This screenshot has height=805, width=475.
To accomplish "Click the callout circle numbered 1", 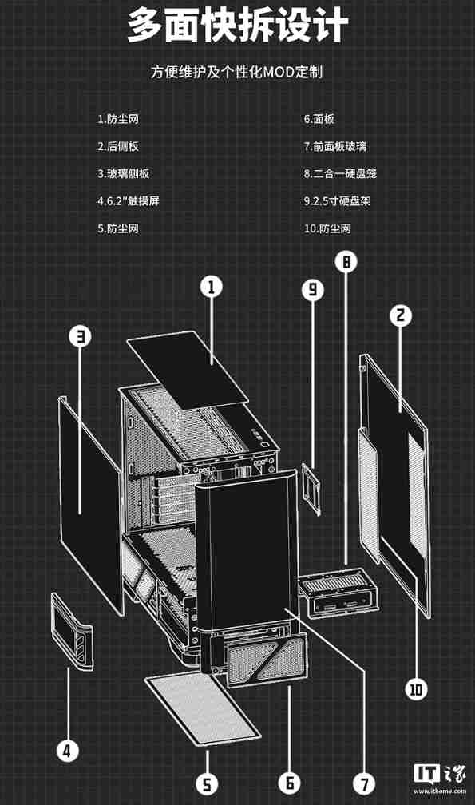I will coord(211,287).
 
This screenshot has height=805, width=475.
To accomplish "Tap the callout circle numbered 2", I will coord(401,315).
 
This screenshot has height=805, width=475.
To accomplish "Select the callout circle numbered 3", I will coord(80,336).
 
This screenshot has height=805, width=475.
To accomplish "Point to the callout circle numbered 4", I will coord(68,750).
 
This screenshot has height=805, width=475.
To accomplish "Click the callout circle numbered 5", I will coord(207,783).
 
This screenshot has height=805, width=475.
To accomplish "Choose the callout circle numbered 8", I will coord(346,261).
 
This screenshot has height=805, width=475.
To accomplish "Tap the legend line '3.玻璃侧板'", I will coord(123,173).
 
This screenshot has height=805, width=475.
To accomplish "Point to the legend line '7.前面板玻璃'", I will coord(335,146).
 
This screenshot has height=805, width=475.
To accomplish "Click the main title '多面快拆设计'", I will coord(237,26).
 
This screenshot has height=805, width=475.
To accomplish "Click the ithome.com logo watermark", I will coord(438,778).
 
